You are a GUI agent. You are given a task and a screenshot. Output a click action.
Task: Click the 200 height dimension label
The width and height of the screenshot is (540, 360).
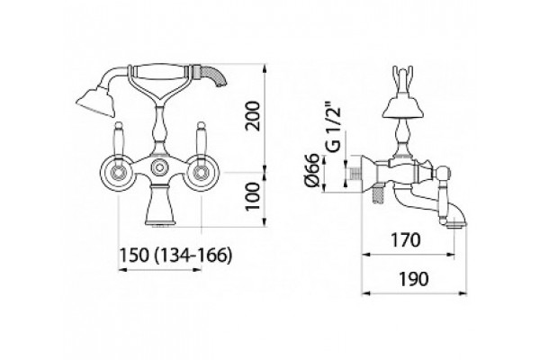254,116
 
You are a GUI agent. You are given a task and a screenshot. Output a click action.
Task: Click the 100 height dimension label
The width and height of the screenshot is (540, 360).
254,196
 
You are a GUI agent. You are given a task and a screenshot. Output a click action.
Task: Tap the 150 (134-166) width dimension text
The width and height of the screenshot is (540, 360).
175,256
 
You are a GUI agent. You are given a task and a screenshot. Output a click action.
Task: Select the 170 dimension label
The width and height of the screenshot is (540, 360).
405,239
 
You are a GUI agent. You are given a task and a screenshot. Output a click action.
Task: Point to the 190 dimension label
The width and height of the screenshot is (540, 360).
414,279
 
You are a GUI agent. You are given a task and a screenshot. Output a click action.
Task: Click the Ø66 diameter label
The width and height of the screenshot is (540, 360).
312,170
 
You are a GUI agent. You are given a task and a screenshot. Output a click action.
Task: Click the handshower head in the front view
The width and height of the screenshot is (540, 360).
95,103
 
